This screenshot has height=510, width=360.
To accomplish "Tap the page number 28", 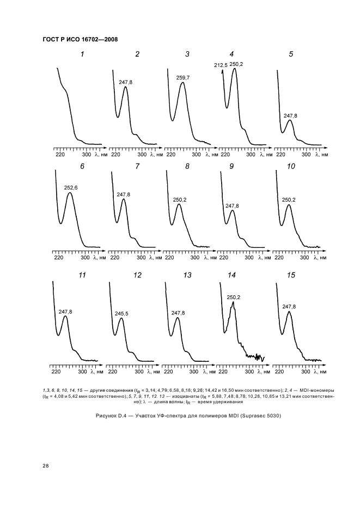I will coord(46,465).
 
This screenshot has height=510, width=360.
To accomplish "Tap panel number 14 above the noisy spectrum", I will coord(231,275).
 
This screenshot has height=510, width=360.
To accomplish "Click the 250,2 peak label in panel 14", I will coord(233,297).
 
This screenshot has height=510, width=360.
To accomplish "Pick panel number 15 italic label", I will coord(291,275).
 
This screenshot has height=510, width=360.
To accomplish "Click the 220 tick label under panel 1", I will coord(60,155).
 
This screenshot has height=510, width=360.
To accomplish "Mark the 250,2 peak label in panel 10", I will coord(289,200).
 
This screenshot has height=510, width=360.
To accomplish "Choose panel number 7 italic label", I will coord(137,166).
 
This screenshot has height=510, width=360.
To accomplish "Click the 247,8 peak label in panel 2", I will coord(125,83).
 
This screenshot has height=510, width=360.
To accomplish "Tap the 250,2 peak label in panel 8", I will coord(180,200).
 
